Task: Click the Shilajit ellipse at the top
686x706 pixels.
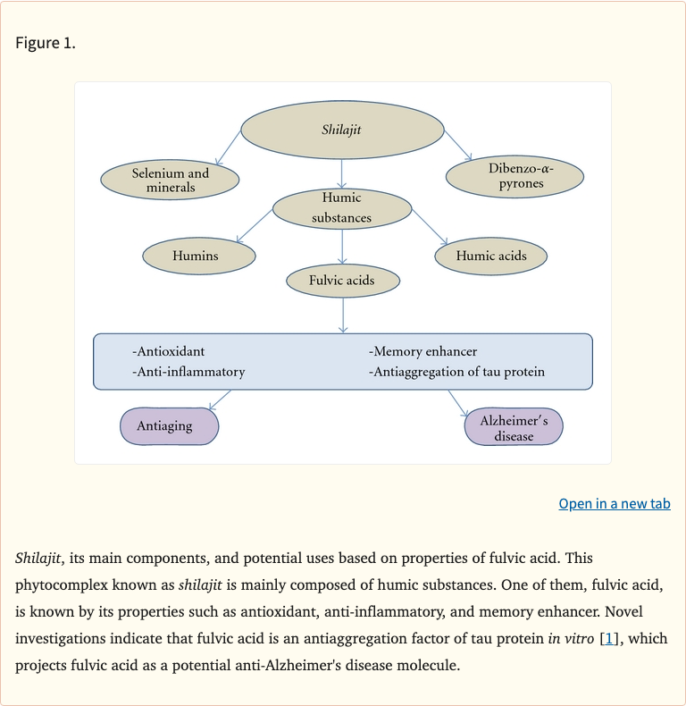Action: [342, 130]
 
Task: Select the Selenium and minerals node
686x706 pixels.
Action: [171, 180]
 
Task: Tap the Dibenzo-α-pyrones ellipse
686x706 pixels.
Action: [514, 176]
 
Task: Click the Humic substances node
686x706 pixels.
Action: [342, 207]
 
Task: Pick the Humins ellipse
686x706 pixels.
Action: [199, 256]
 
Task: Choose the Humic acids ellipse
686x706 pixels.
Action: [490, 256]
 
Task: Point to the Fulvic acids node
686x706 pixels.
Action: [342, 281]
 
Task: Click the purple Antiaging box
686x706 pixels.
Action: [169, 425]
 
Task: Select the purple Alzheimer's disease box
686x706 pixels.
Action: [514, 427]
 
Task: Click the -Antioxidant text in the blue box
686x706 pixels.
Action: [168, 351]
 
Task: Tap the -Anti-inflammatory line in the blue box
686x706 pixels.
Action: [188, 371]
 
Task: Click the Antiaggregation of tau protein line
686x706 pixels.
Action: [456, 371]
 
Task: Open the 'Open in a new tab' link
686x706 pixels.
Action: [615, 504]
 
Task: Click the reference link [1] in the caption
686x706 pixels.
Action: [608, 639]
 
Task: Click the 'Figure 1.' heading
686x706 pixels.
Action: [46, 43]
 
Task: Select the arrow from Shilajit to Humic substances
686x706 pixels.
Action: [342, 172]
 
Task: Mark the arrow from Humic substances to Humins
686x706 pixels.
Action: [255, 224]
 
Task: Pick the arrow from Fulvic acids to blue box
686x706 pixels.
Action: [343, 315]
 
